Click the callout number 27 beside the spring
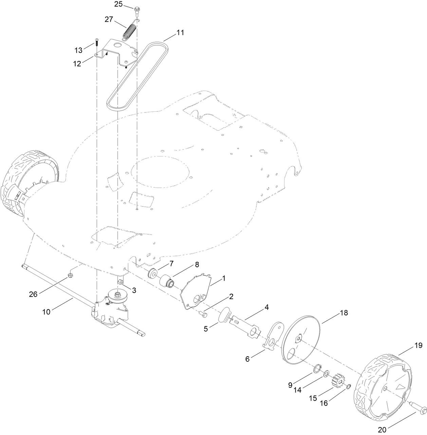point(109,19)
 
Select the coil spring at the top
point(129,32)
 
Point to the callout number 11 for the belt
point(180,33)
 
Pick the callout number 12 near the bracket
point(77,63)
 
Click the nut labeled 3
point(120,282)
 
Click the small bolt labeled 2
point(204,315)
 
